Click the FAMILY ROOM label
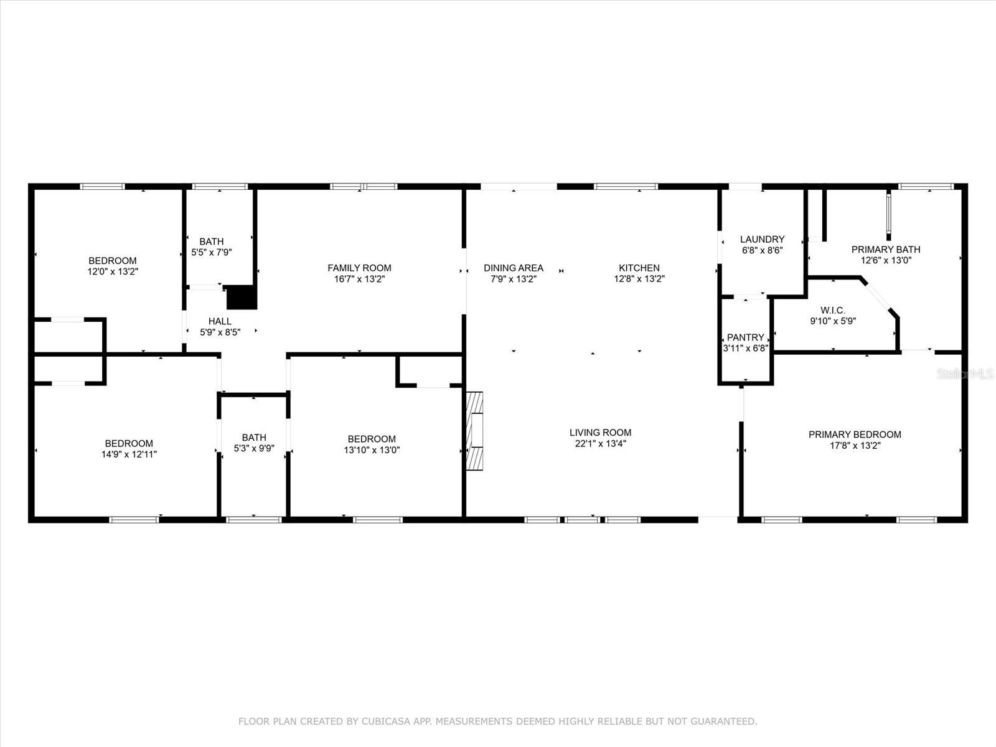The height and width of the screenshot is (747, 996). [359, 268]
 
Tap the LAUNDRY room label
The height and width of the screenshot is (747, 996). [762, 239]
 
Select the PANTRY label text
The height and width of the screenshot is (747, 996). [745, 337]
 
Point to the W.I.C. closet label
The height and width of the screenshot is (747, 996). [833, 310]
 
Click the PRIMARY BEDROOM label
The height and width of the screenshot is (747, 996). [855, 435]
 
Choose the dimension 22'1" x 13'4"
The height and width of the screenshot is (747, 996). [600, 444]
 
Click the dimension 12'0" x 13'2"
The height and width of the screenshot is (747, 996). [112, 271]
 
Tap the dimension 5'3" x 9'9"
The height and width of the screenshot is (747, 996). [254, 448]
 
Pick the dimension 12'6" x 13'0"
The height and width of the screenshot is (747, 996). [886, 261]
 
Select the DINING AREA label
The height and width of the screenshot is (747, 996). [514, 268]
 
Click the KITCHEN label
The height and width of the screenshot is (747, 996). [639, 268]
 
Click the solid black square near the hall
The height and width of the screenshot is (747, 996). [242, 298]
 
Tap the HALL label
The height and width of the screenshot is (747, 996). [220, 321]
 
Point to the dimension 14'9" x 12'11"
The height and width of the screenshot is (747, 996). [129, 454]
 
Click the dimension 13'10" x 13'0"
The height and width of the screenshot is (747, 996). [372, 450]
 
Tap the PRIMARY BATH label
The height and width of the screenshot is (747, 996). [886, 250]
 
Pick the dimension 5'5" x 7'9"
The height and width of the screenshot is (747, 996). [212, 253]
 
